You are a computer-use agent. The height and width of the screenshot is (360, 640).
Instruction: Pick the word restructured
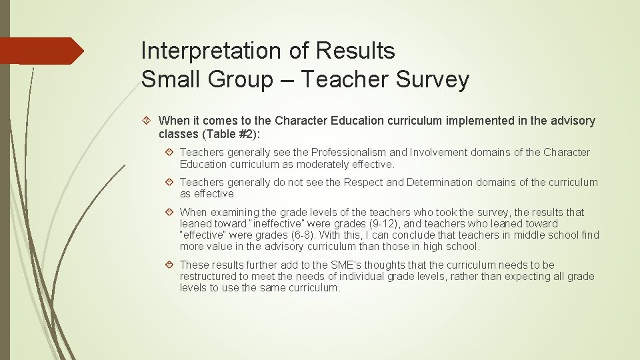point(211,277)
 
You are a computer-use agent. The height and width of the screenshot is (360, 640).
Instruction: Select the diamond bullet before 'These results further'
point(170,265)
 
